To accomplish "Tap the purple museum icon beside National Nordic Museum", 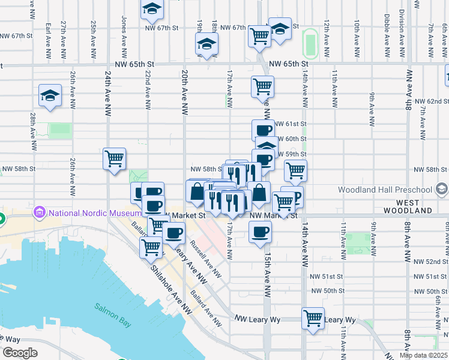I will click(x=41, y=212).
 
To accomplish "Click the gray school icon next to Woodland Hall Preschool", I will click(x=441, y=190).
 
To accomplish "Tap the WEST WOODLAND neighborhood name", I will click(x=406, y=211).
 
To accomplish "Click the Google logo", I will click(x=20, y=353).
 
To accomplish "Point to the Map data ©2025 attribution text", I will click(x=423, y=355).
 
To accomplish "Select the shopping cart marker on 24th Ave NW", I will click(x=114, y=159).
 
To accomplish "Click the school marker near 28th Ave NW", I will click(x=50, y=95).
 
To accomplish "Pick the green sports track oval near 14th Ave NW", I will click(x=310, y=41).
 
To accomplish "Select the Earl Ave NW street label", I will click(x=48, y=36).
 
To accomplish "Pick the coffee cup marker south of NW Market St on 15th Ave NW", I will click(x=260, y=231).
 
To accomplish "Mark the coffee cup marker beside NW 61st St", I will click(x=262, y=130).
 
